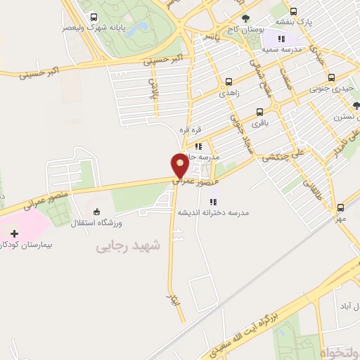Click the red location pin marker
point(180,166)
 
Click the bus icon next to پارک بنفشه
point(293,11)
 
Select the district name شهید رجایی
point(129,246)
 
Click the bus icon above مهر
point(341,207)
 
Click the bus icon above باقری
point(260,111)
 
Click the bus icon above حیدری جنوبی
point(331,78)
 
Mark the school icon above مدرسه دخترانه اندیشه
point(212,202)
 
